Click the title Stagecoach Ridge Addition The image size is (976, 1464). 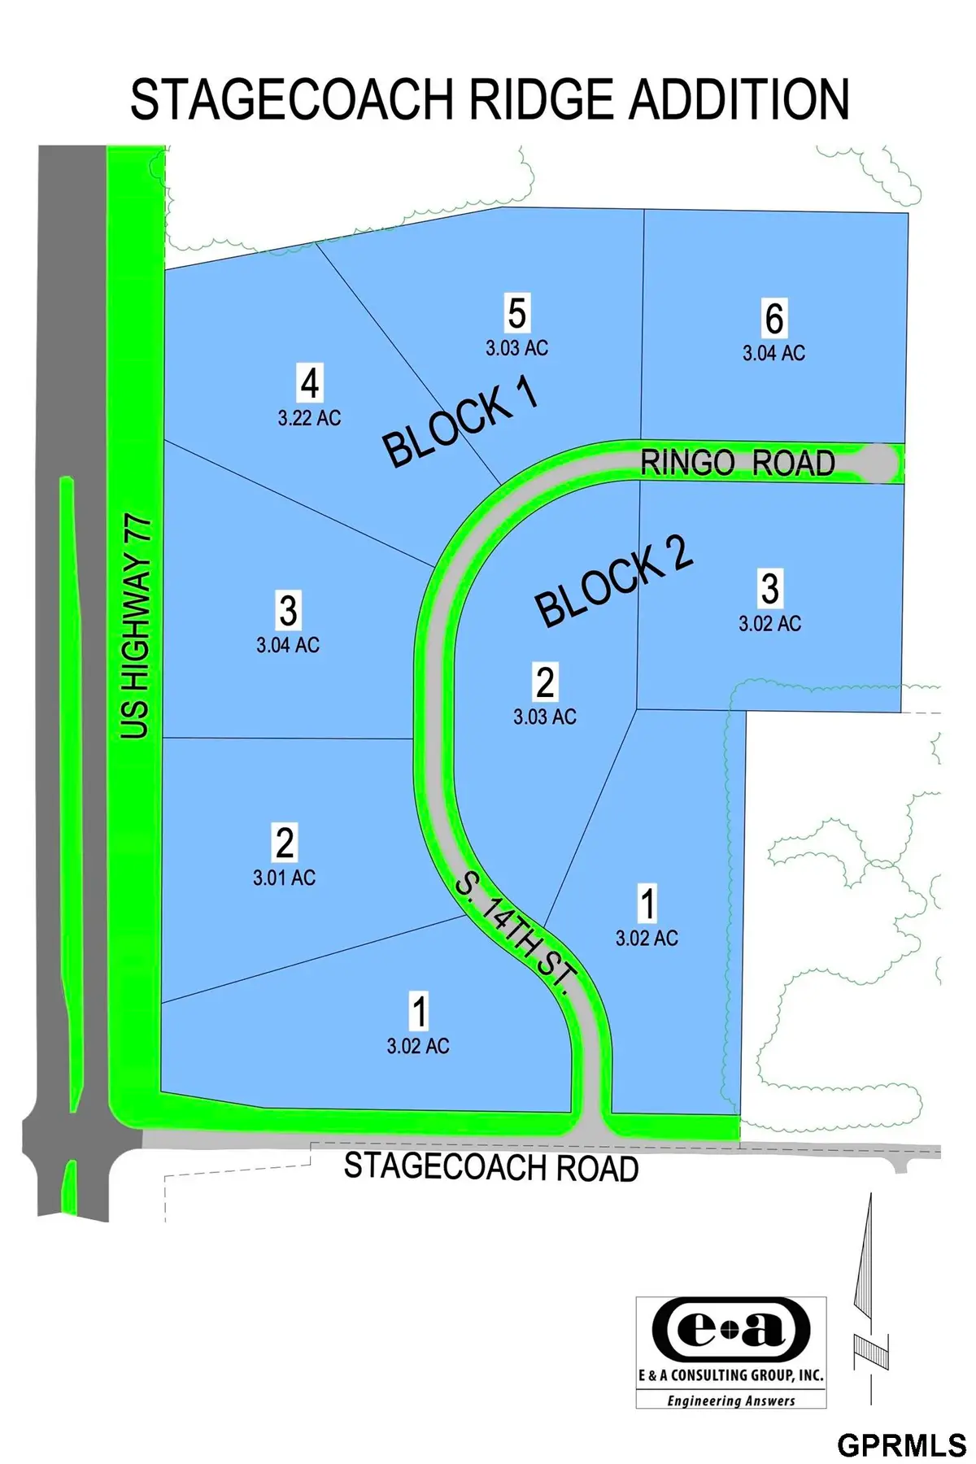click(490, 100)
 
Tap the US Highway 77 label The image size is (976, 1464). click(136, 626)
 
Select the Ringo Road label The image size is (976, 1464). click(738, 463)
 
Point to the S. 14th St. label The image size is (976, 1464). click(516, 929)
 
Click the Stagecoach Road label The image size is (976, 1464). click(491, 1167)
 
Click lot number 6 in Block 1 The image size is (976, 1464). click(774, 318)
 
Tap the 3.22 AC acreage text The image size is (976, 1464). click(309, 418)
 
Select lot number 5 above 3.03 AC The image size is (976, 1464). click(517, 313)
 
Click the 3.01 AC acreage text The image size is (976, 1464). click(284, 878)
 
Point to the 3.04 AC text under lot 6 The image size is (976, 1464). click(773, 353)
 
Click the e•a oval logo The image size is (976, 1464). click(730, 1329)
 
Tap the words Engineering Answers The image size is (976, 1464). click(730, 1401)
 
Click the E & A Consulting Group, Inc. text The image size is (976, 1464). click(730, 1375)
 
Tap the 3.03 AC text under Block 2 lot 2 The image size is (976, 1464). click(544, 717)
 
